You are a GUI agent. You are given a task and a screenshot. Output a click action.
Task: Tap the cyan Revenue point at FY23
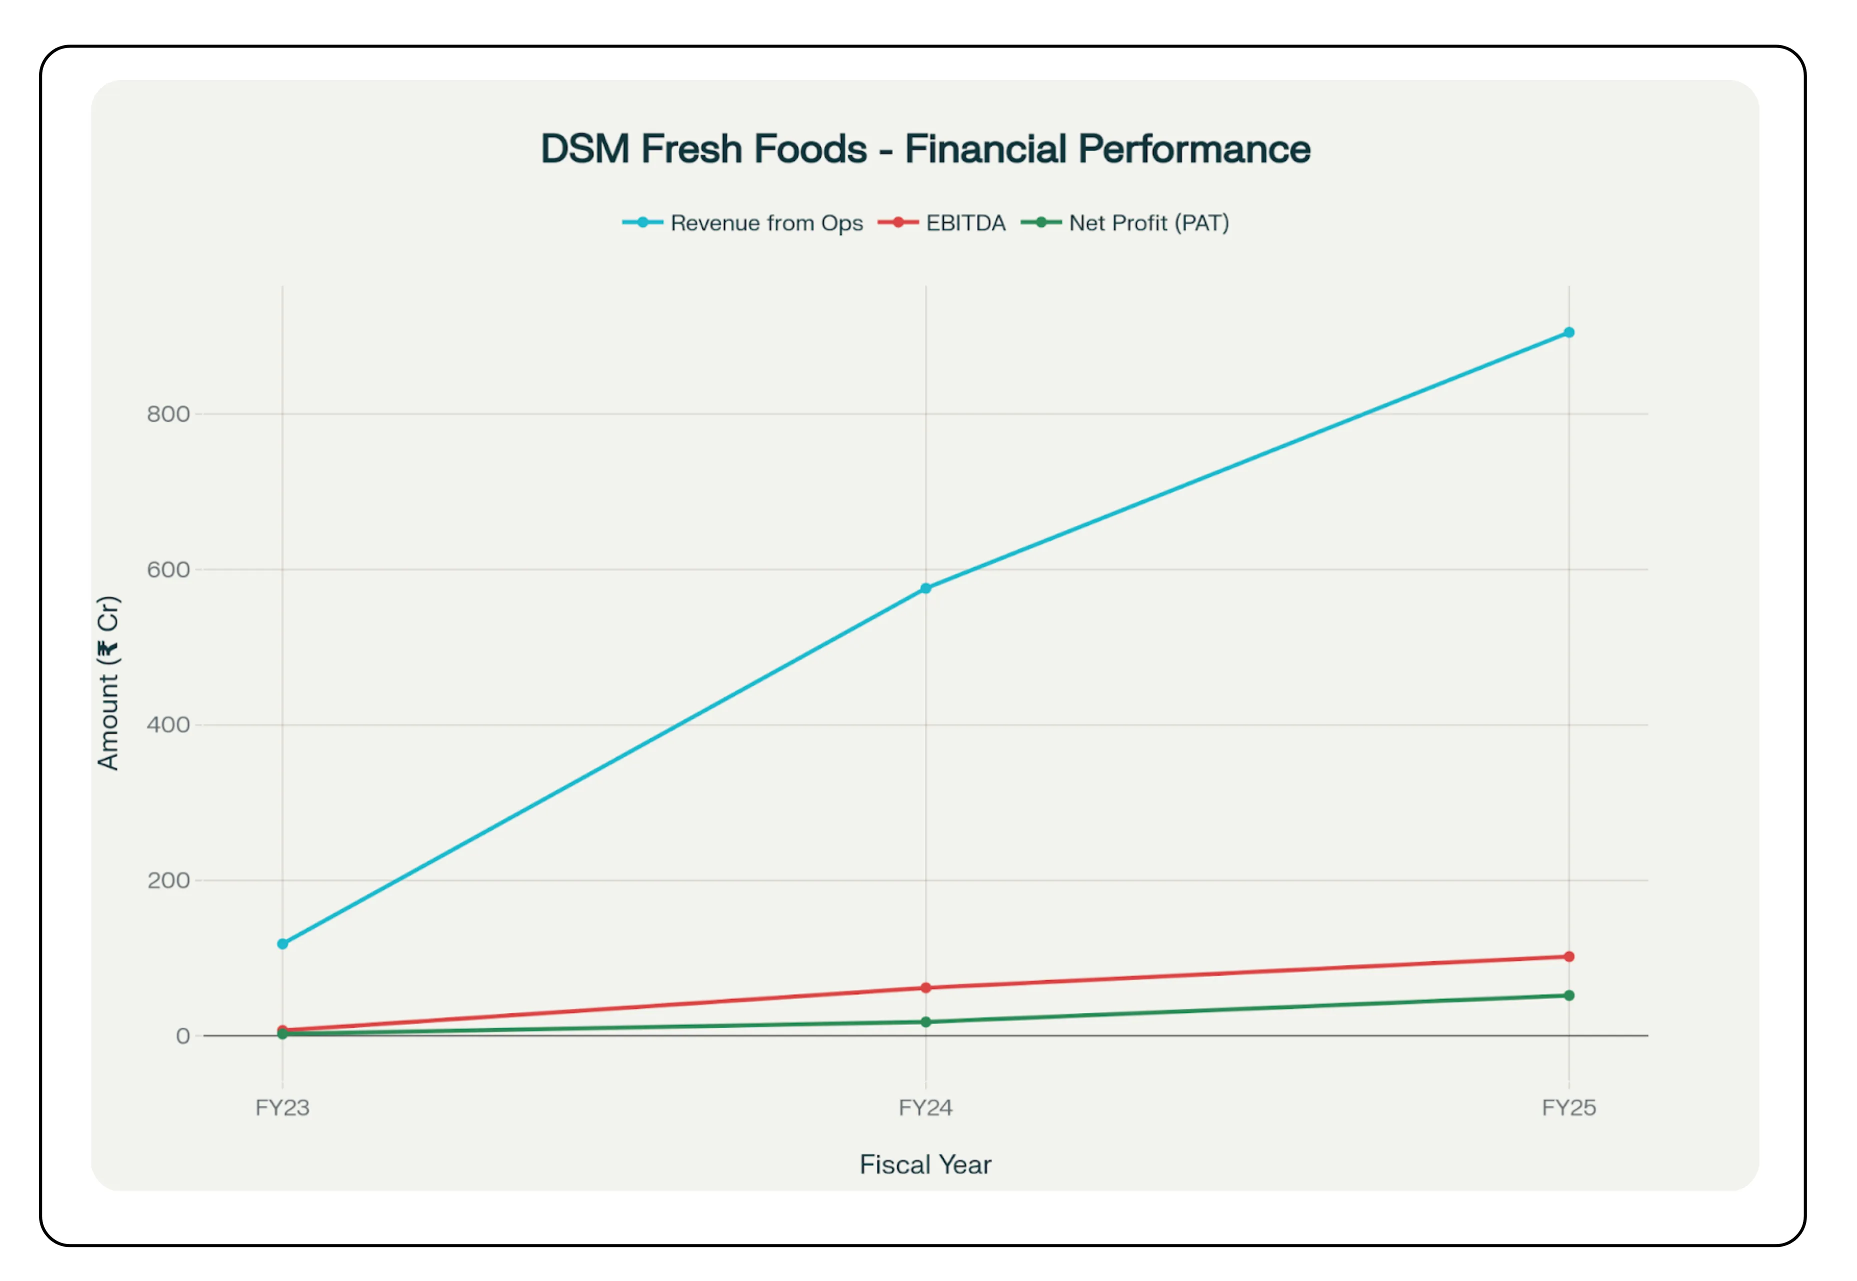[283, 944]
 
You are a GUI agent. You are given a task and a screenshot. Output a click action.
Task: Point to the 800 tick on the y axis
[168, 414]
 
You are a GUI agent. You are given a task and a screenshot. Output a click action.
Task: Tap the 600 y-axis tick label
[168, 570]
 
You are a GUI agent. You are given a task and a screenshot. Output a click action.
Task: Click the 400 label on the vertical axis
[168, 725]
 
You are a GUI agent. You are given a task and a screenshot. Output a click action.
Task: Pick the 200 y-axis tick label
[168, 880]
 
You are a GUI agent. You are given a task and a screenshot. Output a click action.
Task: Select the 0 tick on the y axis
[183, 1036]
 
